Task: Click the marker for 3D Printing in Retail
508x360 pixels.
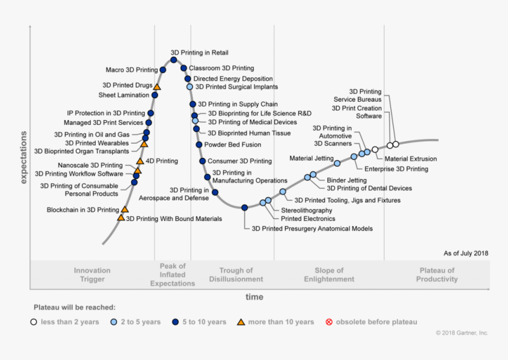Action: click(x=174, y=60)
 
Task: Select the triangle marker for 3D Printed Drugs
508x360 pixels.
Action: click(x=157, y=87)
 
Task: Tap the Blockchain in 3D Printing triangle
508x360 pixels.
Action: click(x=125, y=209)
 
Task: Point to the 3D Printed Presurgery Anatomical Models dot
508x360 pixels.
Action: click(x=245, y=207)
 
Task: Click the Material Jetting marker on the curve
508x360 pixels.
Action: click(x=337, y=163)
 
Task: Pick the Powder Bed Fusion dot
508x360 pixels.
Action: click(x=199, y=144)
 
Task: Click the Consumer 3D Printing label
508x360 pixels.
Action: click(x=239, y=161)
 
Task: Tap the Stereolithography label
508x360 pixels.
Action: click(x=306, y=210)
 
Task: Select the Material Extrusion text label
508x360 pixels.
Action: click(x=411, y=159)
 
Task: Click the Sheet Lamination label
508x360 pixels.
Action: click(x=123, y=95)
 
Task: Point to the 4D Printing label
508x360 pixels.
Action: click(x=161, y=161)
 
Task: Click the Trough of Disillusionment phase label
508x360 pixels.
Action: click(x=236, y=275)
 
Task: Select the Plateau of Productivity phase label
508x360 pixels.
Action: click(x=437, y=275)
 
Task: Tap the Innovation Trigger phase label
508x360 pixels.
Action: click(x=92, y=275)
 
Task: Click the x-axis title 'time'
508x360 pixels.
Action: click(x=255, y=297)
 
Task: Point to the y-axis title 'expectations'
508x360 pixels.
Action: click(x=24, y=158)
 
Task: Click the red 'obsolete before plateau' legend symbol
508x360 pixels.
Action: click(x=328, y=322)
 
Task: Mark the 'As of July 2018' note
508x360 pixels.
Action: click(x=465, y=254)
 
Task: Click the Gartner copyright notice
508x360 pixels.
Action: click(x=462, y=333)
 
